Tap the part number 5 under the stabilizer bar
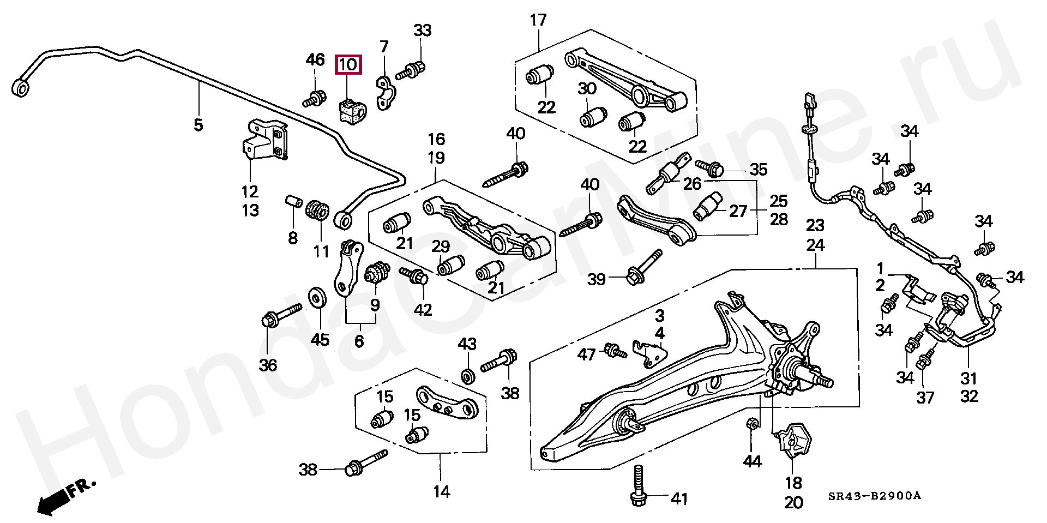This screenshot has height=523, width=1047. (x=198, y=125)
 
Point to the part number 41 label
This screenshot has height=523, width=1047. (x=679, y=498)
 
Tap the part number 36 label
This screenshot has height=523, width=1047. (x=268, y=365)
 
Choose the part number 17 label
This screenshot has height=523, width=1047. (x=538, y=21)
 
